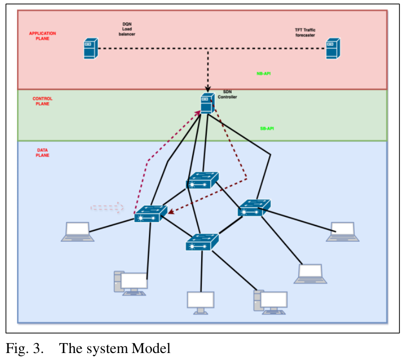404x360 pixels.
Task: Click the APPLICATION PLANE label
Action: [x=42, y=36]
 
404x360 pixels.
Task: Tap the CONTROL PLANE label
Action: [x=42, y=101]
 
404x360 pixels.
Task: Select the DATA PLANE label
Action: [x=42, y=152]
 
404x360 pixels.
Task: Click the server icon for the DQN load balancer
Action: [x=90, y=49]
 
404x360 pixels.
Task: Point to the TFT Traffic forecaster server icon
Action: [x=332, y=49]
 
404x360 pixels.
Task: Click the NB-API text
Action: [x=264, y=73]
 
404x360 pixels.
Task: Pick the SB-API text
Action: [x=267, y=129]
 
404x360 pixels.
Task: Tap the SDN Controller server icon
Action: [x=207, y=104]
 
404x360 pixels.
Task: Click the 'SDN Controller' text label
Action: [x=227, y=95]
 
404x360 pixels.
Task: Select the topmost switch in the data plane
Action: [x=203, y=180]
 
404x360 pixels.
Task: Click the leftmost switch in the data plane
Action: [x=150, y=213]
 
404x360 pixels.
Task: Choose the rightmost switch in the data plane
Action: [x=254, y=207]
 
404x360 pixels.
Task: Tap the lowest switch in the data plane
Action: [x=202, y=242]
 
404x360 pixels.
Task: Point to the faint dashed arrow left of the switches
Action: [x=107, y=207]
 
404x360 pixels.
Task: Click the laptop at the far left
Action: [x=78, y=232]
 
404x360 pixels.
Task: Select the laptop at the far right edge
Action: [x=343, y=232]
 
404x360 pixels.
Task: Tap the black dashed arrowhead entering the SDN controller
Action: [x=208, y=88]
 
